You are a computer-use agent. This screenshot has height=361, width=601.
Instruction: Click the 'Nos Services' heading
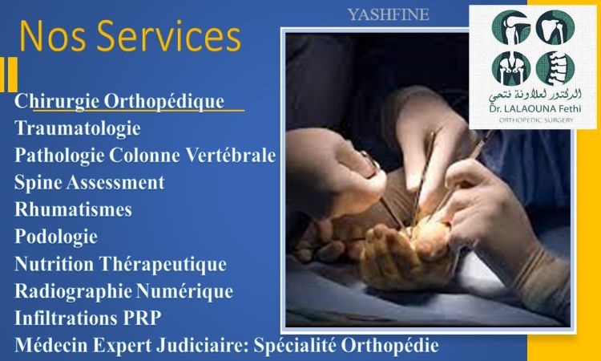pos(131,35)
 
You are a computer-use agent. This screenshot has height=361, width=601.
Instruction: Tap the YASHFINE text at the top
pos(389,14)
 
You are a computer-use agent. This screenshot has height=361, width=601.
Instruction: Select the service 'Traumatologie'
pos(78,128)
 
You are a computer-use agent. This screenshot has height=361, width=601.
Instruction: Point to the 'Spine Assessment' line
pos(89,182)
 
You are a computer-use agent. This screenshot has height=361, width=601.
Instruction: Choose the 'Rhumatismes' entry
pos(73,209)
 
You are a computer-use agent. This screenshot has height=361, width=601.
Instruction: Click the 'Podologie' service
pos(56,237)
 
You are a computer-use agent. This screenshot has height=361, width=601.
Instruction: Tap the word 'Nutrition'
pos(54,264)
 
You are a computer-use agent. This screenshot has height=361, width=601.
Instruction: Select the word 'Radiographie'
pos(73,291)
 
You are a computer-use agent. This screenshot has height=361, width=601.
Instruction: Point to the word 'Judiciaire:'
pos(208,345)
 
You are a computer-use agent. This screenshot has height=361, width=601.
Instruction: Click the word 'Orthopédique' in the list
pos(164,102)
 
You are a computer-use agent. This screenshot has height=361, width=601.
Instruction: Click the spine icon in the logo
pos(555,68)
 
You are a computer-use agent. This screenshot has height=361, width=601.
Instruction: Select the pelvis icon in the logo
pos(511,68)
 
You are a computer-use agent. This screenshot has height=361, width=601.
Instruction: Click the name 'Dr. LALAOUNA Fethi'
pos(535,109)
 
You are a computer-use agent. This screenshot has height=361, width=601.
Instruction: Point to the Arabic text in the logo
pos(535,95)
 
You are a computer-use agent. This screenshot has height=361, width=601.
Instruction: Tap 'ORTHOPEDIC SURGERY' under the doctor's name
pos(535,120)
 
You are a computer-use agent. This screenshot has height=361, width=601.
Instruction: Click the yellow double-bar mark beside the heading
pos(9,75)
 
